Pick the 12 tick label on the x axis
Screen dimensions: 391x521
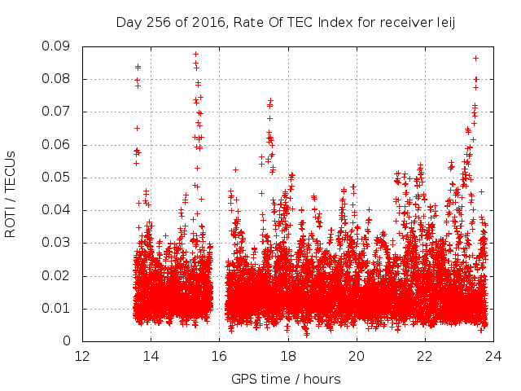coord(82,356)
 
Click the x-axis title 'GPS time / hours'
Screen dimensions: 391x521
coord(286,379)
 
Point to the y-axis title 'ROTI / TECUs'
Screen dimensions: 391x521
coord(11,193)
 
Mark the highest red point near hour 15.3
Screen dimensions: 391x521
coord(195,55)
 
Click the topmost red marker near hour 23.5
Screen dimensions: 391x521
coord(475,59)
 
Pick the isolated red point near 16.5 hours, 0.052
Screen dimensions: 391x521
coord(235,169)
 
